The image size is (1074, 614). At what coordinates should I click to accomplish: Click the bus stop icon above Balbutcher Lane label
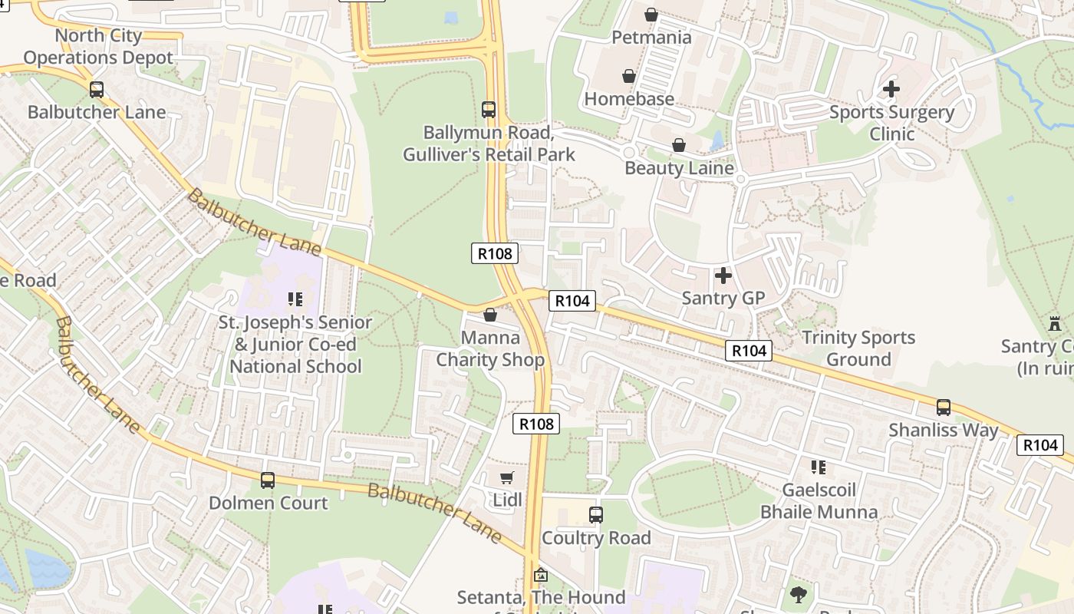[x=96, y=90]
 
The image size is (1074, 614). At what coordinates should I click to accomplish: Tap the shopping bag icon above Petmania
[x=651, y=15]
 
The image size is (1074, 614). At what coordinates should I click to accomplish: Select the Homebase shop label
[x=629, y=99]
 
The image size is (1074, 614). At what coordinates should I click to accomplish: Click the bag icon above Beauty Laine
[x=678, y=145]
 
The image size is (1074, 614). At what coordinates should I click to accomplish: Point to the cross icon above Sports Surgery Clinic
[x=891, y=89]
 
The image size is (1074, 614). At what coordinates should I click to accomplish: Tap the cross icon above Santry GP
[x=723, y=275]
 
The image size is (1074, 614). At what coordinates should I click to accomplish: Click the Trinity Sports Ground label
[x=858, y=348]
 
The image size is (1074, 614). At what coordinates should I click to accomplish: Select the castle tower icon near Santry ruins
[x=1054, y=323]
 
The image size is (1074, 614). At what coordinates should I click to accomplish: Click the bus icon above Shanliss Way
[x=943, y=408]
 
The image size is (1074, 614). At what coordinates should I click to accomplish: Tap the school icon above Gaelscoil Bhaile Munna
[x=818, y=467]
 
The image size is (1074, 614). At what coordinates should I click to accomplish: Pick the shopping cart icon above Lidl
[x=506, y=479]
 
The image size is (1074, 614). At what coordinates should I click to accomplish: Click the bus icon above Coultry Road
[x=596, y=515]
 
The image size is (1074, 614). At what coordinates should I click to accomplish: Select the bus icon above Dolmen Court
[x=267, y=480]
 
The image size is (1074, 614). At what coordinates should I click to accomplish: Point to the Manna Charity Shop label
[x=490, y=348]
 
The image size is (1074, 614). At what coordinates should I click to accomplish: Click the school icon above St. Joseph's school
[x=295, y=299]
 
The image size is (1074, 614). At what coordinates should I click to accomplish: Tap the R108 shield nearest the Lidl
[x=536, y=423]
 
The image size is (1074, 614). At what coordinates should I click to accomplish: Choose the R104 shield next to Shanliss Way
[x=1040, y=444]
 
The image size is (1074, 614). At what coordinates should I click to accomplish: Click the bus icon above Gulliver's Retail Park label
[x=489, y=110]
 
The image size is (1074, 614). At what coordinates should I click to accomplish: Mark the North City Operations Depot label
[x=98, y=47]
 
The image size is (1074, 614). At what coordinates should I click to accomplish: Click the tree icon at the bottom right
[x=798, y=593]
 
